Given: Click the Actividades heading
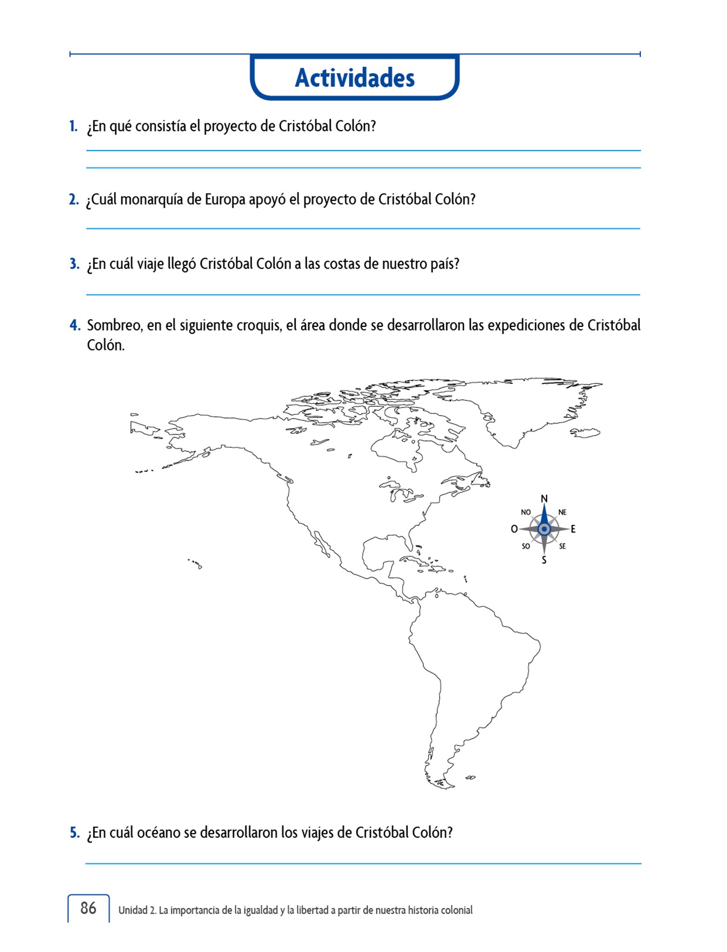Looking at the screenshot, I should (x=355, y=78).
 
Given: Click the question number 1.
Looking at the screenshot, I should (x=73, y=126).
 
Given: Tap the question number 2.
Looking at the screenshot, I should (x=74, y=199).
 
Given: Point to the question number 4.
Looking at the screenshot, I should (x=74, y=325).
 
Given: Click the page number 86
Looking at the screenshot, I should (x=88, y=908).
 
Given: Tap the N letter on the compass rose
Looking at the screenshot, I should (x=544, y=499).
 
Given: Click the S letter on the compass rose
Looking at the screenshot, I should (x=544, y=560).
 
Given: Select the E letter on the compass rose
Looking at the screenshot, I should (x=573, y=529).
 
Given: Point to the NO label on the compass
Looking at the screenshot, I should (x=526, y=512).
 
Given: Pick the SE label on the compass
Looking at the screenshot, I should (x=562, y=546).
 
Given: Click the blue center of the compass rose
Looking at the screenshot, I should (x=544, y=529).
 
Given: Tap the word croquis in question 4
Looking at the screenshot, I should (x=259, y=325).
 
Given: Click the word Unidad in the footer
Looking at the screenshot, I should (x=133, y=910).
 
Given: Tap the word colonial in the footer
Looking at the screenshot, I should (x=457, y=910).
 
